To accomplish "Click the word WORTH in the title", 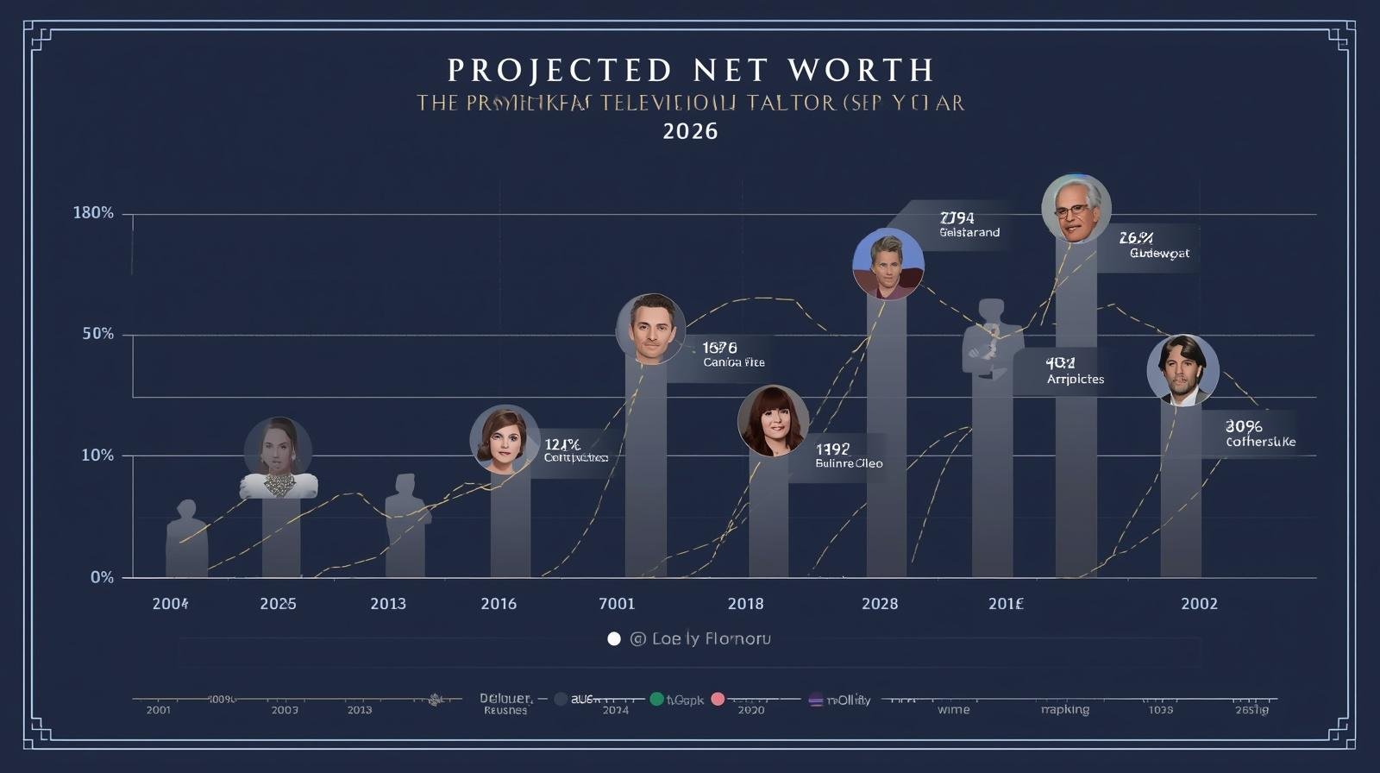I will pyautogui.click(x=861, y=70).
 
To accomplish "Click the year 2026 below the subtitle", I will pyautogui.click(x=690, y=131).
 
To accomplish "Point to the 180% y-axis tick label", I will pyautogui.click(x=93, y=213).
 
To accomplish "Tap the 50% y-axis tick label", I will pyautogui.click(x=97, y=334).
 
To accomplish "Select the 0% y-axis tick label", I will pyautogui.click(x=102, y=577).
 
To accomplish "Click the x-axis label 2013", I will pyautogui.click(x=388, y=604).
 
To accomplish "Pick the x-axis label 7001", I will pyautogui.click(x=617, y=604).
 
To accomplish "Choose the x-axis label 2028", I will pyautogui.click(x=880, y=604).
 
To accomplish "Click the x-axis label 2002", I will pyautogui.click(x=1199, y=604).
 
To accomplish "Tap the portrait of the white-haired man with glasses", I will pyautogui.click(x=1076, y=209).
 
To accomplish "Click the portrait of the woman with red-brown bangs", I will pyautogui.click(x=774, y=421).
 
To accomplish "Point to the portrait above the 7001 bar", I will pyautogui.click(x=651, y=329).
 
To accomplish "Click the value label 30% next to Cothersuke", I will pyautogui.click(x=1244, y=426).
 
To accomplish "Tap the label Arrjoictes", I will pyautogui.click(x=1075, y=379).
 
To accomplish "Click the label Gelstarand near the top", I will pyautogui.click(x=969, y=233).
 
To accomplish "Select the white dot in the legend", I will pyautogui.click(x=614, y=639).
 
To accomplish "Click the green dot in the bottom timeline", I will pyautogui.click(x=656, y=699).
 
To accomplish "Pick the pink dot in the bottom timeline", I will pyautogui.click(x=718, y=699).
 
